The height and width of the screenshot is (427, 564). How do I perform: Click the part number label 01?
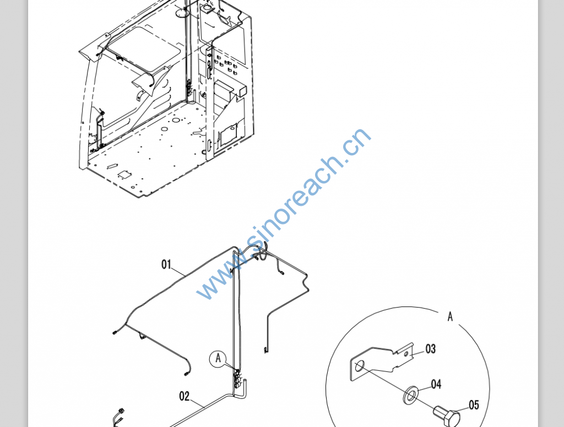pyautogui.click(x=166, y=265)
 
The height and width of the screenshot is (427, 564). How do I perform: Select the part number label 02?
pyautogui.click(x=184, y=396)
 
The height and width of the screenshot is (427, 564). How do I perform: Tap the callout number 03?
pyautogui.click(x=430, y=349)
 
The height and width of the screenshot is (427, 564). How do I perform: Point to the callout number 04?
pyautogui.click(x=436, y=384)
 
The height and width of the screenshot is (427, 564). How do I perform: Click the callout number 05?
pyautogui.click(x=474, y=405)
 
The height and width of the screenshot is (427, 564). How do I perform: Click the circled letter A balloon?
pyautogui.click(x=218, y=359)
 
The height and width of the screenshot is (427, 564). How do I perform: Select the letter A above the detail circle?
pyautogui.click(x=450, y=316)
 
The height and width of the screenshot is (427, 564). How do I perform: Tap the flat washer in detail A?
pyautogui.click(x=410, y=395)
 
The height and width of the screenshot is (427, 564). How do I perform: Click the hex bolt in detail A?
pyautogui.click(x=447, y=416)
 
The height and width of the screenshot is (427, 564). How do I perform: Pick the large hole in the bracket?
pyautogui.click(x=359, y=366)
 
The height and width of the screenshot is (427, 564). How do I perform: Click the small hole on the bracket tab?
pyautogui.click(x=406, y=354)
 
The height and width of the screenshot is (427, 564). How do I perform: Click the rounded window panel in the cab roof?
pyautogui.click(x=144, y=49)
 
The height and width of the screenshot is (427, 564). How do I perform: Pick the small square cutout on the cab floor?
pyautogui.click(x=125, y=174)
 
